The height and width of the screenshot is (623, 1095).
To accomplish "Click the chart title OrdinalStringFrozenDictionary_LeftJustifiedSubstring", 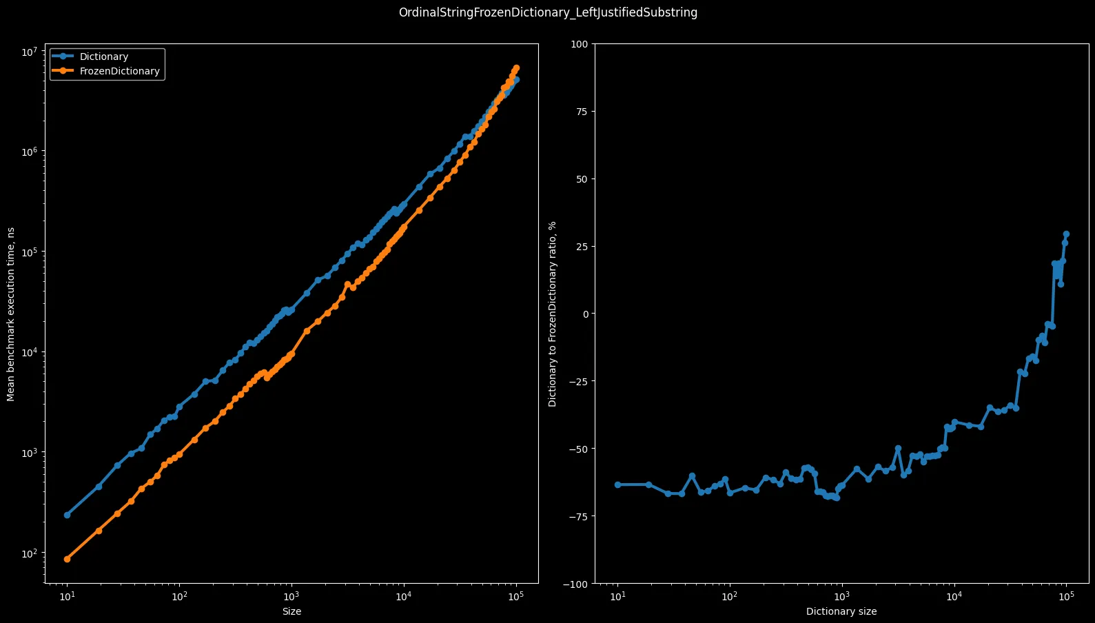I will (x=548, y=12).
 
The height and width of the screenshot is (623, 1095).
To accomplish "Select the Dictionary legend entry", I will (x=103, y=57).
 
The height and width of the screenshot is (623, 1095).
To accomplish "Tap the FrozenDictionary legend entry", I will (x=119, y=71).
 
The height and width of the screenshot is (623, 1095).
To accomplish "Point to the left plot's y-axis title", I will (x=11, y=314).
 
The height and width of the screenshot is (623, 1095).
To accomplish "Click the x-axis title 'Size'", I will (x=291, y=611).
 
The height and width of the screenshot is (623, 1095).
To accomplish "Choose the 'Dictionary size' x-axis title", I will (x=841, y=611).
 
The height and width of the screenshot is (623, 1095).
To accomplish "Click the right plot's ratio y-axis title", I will (x=552, y=314).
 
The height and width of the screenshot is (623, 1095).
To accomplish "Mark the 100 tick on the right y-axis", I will (x=579, y=44).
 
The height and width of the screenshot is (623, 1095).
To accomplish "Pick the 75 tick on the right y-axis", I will (x=582, y=112).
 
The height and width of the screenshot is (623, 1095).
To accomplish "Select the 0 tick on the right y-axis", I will (x=584, y=314).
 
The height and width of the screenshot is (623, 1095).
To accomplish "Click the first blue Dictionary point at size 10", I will (x=67, y=515).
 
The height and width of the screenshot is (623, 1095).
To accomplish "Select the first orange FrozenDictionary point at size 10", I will (x=67, y=559).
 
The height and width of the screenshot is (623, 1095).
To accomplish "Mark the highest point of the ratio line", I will (x=1066, y=234).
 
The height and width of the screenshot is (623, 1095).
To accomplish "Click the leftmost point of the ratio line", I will (x=617, y=484).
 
